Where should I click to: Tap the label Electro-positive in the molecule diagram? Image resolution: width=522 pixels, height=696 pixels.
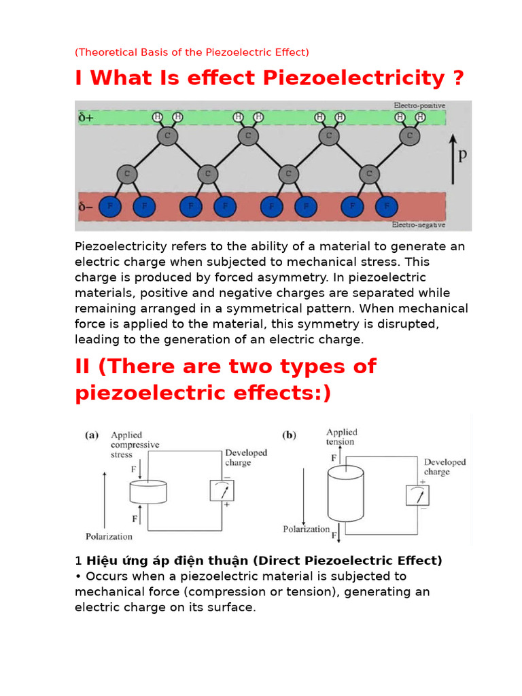(x=419, y=106)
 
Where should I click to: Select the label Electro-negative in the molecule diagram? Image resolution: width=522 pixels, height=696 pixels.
(x=419, y=224)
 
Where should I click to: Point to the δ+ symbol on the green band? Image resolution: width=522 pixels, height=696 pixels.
(x=86, y=118)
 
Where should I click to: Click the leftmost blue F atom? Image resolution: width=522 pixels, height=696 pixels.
(x=110, y=205)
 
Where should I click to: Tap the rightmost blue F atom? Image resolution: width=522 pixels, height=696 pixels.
(x=387, y=205)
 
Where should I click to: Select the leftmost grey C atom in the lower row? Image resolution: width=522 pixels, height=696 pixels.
(x=125, y=174)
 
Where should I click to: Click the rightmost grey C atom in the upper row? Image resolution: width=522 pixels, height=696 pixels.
(x=409, y=137)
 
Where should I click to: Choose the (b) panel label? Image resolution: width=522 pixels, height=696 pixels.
(x=290, y=436)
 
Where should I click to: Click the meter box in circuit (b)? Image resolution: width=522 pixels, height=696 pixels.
(x=417, y=497)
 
